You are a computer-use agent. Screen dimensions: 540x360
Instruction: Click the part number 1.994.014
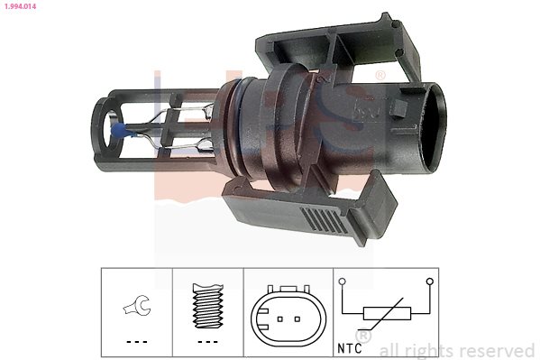tap(20, 6)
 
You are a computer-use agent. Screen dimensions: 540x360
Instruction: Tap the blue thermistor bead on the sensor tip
tap(117, 131)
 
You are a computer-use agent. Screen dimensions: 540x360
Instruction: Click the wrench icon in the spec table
tap(137, 306)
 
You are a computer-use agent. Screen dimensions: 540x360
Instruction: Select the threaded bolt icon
tap(208, 306)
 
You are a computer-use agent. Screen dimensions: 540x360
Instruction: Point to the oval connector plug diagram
tap(288, 316)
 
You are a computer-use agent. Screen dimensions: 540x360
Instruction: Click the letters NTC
tap(350, 348)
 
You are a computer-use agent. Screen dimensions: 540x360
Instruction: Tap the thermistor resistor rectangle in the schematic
tap(387, 313)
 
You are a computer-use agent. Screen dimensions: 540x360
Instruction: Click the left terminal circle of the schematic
tap(342, 282)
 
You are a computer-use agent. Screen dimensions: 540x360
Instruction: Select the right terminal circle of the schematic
tap(429, 282)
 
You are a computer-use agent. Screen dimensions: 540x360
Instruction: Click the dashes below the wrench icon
tap(137, 342)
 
